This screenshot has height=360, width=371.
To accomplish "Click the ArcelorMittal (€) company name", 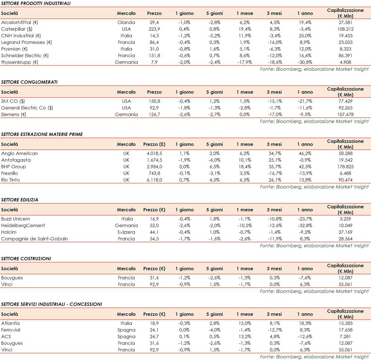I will [20, 22].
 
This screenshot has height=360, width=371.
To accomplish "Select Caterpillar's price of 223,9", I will [154, 29].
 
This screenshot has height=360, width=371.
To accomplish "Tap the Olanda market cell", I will [126, 22].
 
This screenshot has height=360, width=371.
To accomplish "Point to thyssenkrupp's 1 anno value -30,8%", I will [305, 62].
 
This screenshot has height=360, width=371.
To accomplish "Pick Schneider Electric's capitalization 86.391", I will [345, 56].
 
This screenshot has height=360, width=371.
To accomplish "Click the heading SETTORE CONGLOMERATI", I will [29, 82].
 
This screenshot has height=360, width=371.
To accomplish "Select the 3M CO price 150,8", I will [154, 101].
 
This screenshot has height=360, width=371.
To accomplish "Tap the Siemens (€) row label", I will [14, 114].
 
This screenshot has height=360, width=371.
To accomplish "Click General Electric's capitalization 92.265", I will [345, 108].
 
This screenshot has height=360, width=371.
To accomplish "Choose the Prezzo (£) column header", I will [154, 144].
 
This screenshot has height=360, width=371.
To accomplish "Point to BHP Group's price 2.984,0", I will [154, 167].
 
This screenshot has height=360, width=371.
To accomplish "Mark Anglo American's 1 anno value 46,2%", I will [305, 153].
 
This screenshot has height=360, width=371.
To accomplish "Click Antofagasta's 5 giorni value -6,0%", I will [215, 160].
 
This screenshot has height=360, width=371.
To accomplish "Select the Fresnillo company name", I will [10, 173].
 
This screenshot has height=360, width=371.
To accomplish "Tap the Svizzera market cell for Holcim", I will [126, 232].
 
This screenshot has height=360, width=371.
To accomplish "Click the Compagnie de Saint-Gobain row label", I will [34, 239].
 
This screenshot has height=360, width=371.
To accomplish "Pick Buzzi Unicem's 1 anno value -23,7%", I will [305, 219].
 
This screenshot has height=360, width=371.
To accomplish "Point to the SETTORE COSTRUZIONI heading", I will [26, 259].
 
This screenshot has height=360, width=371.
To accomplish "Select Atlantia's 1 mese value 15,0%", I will [245, 323].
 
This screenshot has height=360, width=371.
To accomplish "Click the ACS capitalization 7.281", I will [345, 337].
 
